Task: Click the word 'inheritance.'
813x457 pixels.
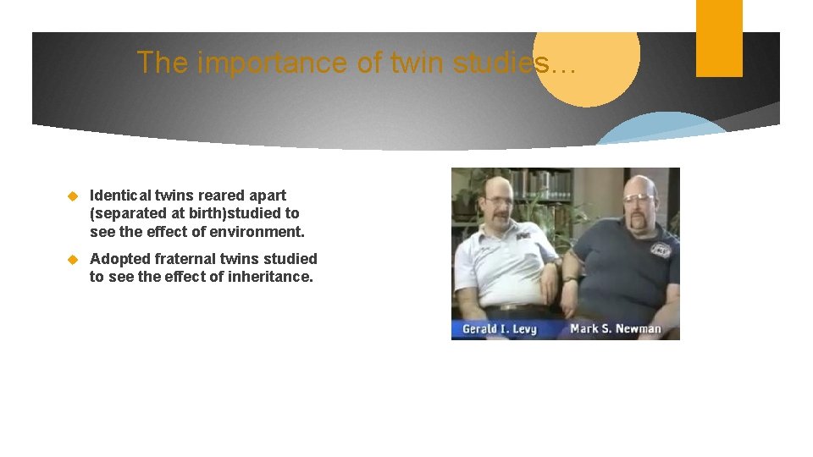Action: pyautogui.click(x=271, y=276)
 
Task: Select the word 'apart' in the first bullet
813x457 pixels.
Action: pyautogui.click(x=267, y=195)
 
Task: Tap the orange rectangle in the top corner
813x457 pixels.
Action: pyautogui.click(x=719, y=38)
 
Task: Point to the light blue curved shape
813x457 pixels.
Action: pyautogui.click(x=661, y=129)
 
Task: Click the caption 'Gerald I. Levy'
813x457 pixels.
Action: pyautogui.click(x=500, y=328)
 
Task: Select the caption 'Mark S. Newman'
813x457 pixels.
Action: pyautogui.click(x=616, y=328)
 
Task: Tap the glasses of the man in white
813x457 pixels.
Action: pyautogui.click(x=500, y=203)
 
